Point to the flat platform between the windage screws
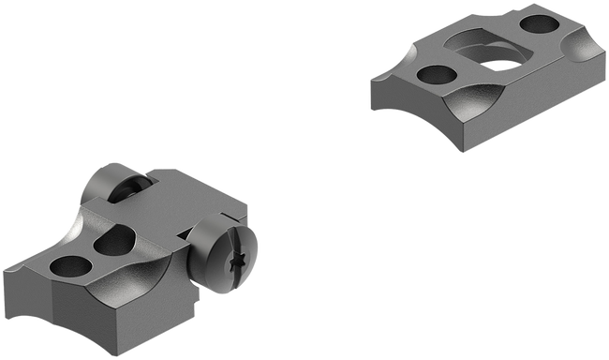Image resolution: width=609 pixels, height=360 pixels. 178,202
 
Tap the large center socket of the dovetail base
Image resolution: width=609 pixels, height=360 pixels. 492,54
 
